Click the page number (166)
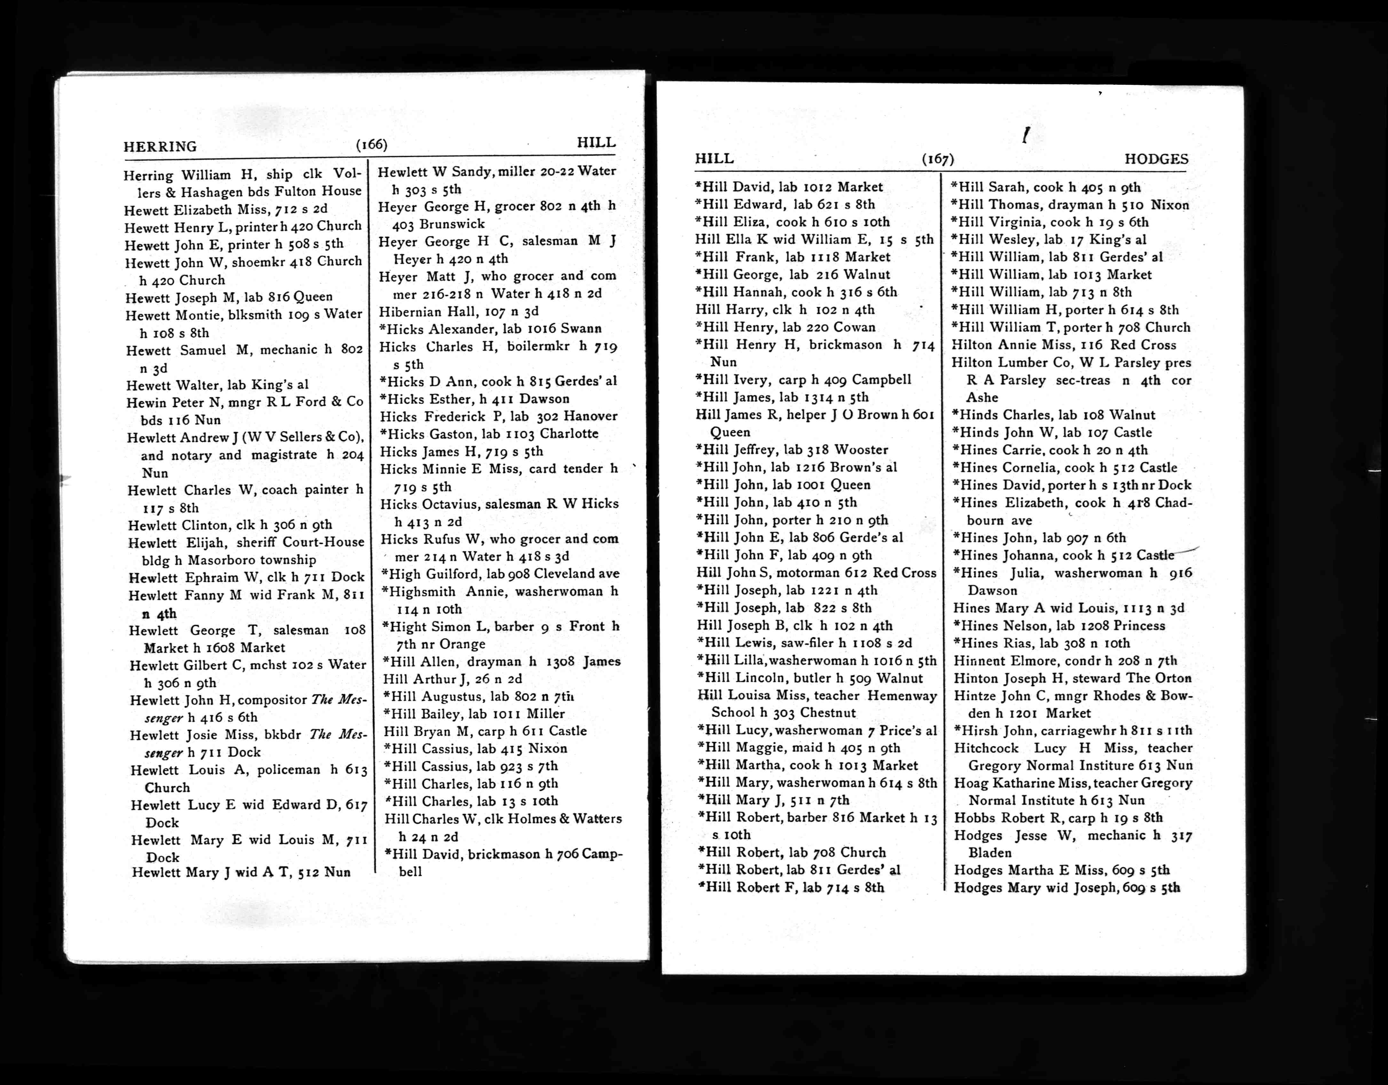(x=371, y=144)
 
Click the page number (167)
(x=937, y=159)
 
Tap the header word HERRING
(x=160, y=147)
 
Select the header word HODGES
(x=1156, y=159)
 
